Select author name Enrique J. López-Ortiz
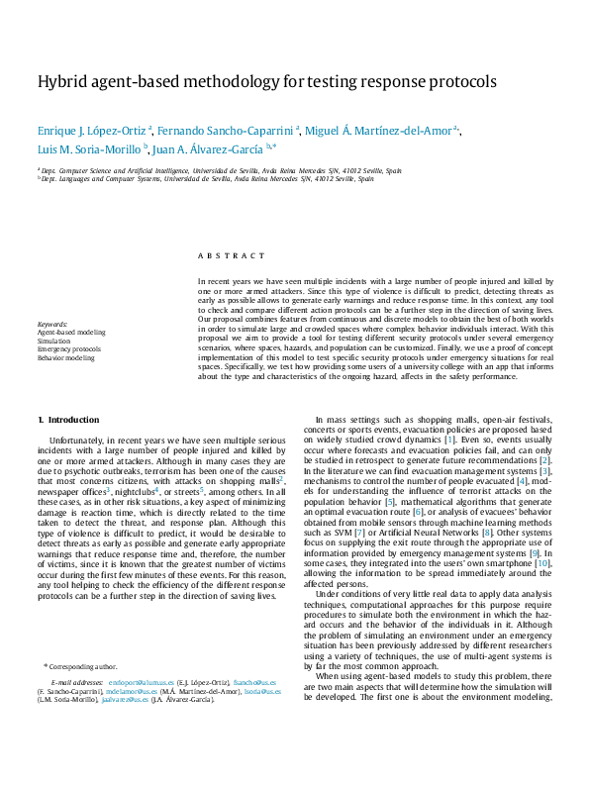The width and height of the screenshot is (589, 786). pos(93,130)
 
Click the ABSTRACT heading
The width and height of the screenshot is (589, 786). pos(232,254)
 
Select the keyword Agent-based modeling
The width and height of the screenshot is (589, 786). pos(71,332)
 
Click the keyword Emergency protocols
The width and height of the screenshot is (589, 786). pos(69,348)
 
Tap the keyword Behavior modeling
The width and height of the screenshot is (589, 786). pos(65,357)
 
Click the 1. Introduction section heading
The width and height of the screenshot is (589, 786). pos(68,420)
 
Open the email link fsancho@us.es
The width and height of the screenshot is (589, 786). pos(248,682)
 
